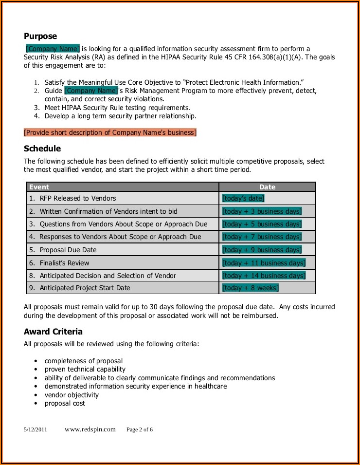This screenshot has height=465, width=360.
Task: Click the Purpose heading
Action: point(40,36)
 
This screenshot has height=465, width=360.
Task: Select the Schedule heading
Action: point(42,149)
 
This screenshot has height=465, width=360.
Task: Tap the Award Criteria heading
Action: point(53,332)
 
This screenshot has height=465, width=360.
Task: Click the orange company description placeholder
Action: point(110,132)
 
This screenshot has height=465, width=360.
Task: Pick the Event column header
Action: point(39,187)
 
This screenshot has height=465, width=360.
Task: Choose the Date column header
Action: point(267,187)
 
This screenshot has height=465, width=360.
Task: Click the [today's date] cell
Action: point(243,198)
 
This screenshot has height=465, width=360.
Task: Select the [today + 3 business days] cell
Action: point(262,211)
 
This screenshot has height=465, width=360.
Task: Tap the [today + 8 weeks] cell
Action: point(250,288)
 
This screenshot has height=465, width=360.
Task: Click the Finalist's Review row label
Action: point(64,263)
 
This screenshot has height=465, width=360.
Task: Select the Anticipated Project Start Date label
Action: point(85,288)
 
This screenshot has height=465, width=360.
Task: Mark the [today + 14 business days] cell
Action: point(264,276)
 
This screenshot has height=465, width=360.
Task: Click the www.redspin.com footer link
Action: point(90,429)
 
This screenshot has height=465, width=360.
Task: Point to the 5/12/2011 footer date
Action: point(36,430)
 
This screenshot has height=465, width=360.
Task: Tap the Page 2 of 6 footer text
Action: point(140,430)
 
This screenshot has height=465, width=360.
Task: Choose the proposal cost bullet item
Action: point(65,403)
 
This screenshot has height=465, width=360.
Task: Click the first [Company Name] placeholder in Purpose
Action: point(53,49)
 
